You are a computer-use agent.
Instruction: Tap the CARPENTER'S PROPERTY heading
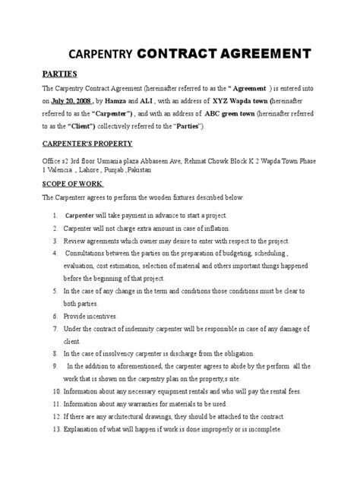tap(87, 143)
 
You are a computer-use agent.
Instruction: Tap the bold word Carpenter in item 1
tap(81, 216)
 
